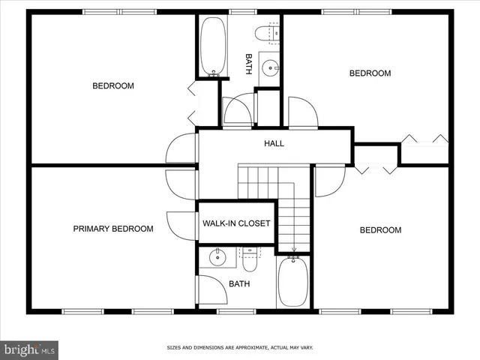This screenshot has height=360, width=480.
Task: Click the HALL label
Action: (x=273, y=143)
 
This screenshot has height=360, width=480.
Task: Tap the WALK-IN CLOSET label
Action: (x=236, y=223)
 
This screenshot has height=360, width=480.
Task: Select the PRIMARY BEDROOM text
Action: (x=112, y=229)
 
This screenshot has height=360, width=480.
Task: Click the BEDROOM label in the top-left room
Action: (x=113, y=85)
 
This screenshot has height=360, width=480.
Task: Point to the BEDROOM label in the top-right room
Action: (x=370, y=73)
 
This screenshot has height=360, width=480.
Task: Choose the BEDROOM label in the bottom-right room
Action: (x=380, y=230)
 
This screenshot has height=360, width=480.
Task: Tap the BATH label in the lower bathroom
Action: (x=239, y=283)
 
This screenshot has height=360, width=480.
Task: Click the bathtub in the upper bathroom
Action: (x=211, y=46)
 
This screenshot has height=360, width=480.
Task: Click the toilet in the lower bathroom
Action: (x=250, y=259)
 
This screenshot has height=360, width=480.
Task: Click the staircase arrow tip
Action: (x=293, y=250)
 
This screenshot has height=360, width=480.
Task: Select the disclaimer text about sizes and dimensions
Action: (x=239, y=347)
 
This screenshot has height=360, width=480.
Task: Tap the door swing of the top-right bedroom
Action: (x=304, y=112)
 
